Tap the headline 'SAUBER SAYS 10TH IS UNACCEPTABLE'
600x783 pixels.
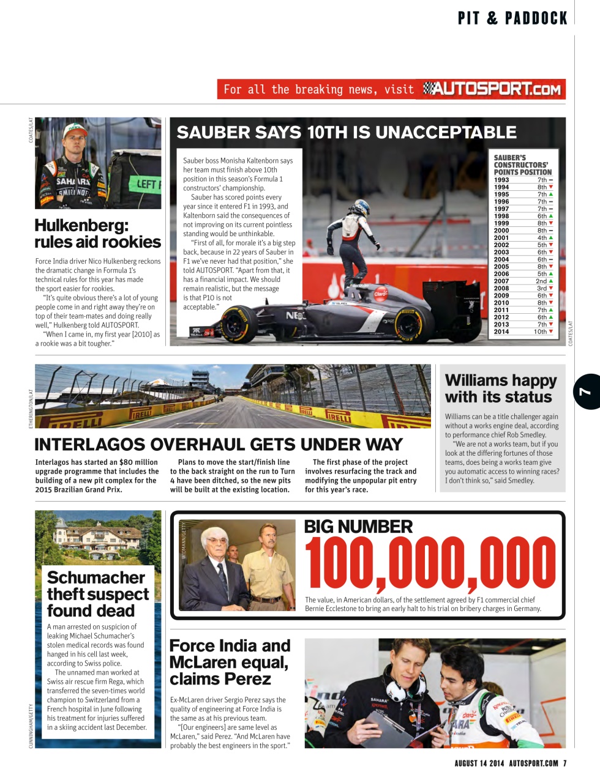tap(347, 133)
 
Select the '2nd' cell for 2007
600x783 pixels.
tap(542, 281)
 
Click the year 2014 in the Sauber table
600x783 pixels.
tap(501, 332)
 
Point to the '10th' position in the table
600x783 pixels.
tap(541, 332)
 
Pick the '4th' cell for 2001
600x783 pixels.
tap(542, 238)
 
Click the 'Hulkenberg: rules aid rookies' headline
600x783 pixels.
tap(97, 234)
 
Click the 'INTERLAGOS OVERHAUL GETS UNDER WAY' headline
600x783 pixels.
tap(219, 444)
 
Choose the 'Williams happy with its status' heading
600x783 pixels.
tap(500, 388)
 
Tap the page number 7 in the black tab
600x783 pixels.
tap(586, 391)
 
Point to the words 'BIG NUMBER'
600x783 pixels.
tap(358, 527)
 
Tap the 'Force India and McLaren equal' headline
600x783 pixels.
tap(230, 662)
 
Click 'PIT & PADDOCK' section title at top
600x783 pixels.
tap(512, 18)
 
